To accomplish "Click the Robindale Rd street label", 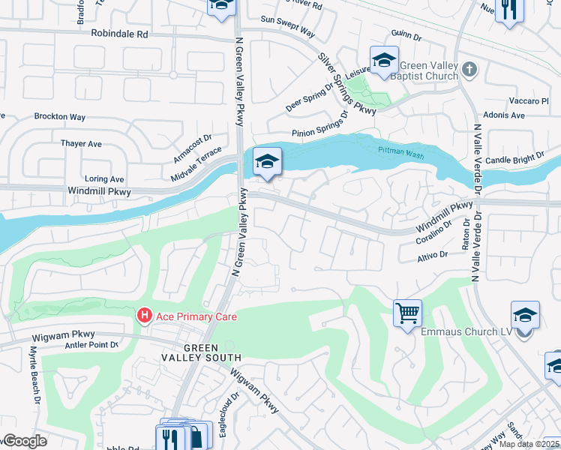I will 120,34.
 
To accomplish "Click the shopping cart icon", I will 407,313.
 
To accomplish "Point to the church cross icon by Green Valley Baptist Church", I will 470,70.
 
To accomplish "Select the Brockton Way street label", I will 60,117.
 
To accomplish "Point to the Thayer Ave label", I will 81,143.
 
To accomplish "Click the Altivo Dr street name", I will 433,256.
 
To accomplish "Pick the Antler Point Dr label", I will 91,345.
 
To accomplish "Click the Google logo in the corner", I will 24,441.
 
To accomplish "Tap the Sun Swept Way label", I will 287,30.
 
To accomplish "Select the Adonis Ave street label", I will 507,115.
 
